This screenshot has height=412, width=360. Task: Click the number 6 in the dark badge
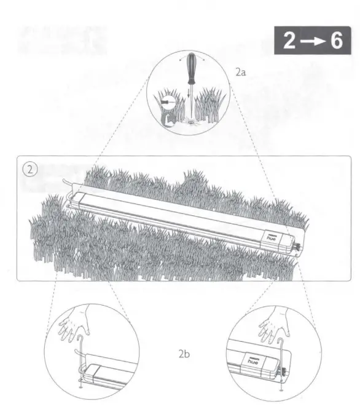(336, 41)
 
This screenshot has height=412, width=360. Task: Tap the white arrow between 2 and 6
(313, 42)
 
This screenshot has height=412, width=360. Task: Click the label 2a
(241, 73)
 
